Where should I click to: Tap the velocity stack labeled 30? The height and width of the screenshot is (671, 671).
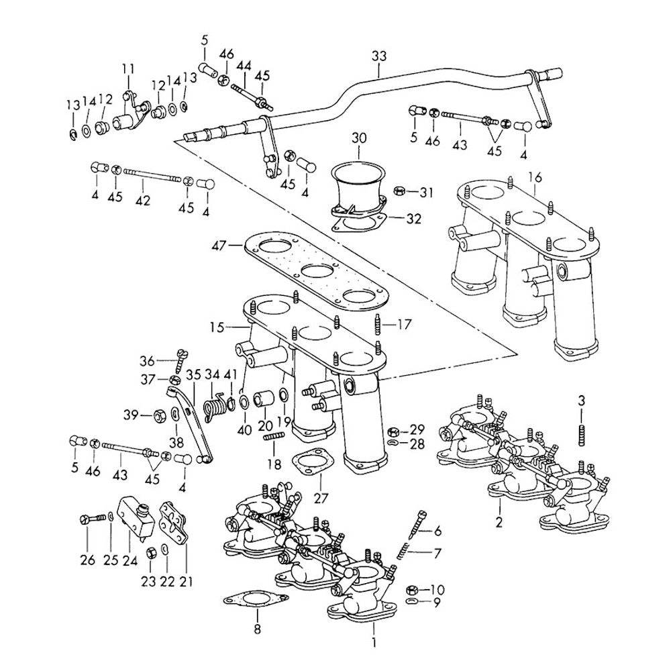(x=356, y=185)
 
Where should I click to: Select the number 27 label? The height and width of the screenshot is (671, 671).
(x=319, y=499)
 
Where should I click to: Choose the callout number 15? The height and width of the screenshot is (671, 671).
(x=215, y=327)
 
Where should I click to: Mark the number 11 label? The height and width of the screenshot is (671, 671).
(x=128, y=68)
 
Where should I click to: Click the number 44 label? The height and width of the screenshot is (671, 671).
(x=244, y=66)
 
